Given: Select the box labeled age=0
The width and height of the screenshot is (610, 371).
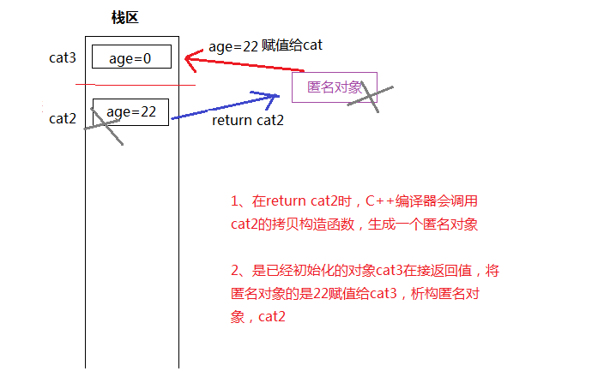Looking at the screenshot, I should pos(131,57).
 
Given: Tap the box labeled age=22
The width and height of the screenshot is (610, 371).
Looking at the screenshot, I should pos(130,111).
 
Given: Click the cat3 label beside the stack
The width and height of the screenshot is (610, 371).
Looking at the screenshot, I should pos(63,58).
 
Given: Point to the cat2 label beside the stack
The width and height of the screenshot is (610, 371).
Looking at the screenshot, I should pos(63,118).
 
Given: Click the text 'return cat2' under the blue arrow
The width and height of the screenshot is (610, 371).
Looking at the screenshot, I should pos(247,121).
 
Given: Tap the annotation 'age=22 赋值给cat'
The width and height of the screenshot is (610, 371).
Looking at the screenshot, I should pos(265,46).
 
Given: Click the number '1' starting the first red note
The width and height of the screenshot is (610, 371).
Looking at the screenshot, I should pos(235,202).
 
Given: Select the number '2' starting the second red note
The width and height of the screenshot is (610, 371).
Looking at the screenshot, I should pos(235,271).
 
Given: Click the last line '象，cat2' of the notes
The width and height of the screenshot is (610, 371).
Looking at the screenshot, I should pos(258,317).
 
